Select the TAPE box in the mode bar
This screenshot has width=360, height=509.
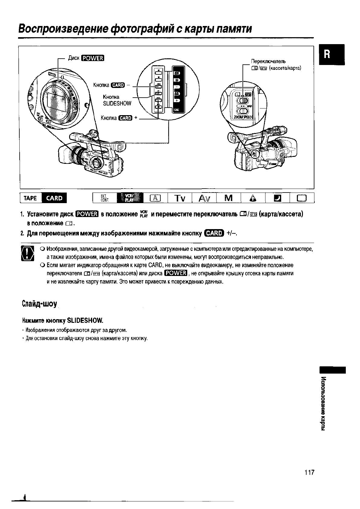click(30, 198)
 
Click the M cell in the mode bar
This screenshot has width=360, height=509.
click(229, 198)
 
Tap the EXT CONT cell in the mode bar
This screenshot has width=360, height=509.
click(105, 198)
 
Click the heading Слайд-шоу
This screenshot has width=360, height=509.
click(40, 303)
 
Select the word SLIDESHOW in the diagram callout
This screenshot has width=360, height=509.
click(117, 103)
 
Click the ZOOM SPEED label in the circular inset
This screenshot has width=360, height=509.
click(243, 117)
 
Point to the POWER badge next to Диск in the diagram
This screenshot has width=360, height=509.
click(93, 58)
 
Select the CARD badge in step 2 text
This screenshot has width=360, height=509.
click(214, 233)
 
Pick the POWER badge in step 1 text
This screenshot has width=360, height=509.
click(87, 214)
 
